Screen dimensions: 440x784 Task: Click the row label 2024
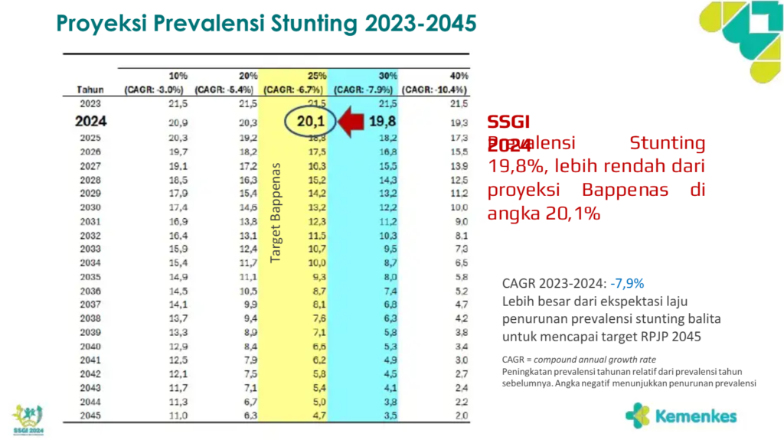click(90, 121)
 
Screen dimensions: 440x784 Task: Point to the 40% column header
click(459, 77)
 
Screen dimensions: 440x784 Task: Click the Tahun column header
click(90, 90)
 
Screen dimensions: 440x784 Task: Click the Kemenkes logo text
click(695, 417)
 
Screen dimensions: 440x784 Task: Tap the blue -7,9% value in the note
click(628, 283)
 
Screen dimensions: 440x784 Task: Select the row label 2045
click(90, 416)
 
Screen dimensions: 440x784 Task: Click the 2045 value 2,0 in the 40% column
click(459, 416)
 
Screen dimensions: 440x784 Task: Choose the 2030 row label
click(90, 207)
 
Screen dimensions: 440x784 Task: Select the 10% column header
click(178, 77)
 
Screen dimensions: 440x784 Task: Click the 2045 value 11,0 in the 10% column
click(178, 416)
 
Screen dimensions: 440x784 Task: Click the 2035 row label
click(90, 277)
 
